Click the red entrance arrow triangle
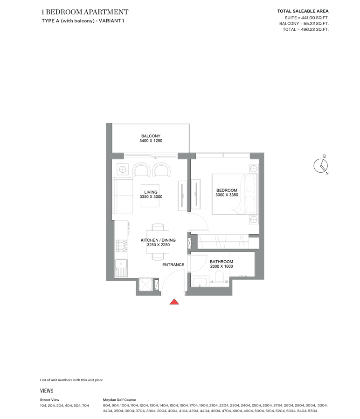coord(174,302)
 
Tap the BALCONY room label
coord(151,136)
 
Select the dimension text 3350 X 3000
coord(151,197)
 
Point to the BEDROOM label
coord(227,190)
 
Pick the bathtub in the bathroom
coord(201,281)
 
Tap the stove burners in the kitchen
coord(121,245)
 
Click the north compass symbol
coord(321,165)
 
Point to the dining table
coord(158,241)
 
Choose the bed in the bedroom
coord(235,194)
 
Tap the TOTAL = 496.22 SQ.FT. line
coord(306,29)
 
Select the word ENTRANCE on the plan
coord(173,265)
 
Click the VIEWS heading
coord(47,391)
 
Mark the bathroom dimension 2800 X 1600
coord(221,267)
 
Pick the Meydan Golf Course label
coord(119,399)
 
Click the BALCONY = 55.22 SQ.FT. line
coord(304,23)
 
